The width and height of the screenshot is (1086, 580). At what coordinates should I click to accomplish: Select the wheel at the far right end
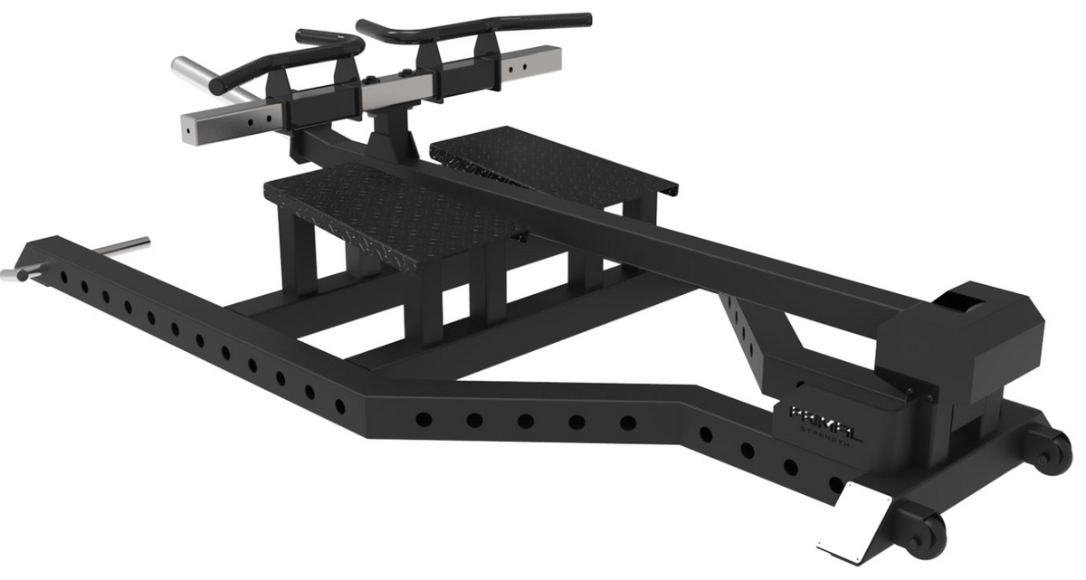(1053, 451)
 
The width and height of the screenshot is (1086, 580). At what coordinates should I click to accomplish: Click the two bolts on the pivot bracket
(913, 390)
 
